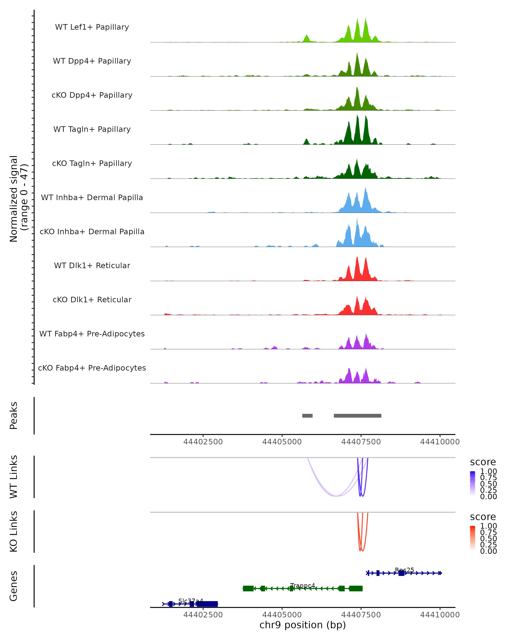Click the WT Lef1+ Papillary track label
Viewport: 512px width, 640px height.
[92, 27]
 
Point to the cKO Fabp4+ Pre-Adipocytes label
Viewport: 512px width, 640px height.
[92, 368]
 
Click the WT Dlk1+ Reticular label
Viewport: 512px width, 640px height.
[92, 265]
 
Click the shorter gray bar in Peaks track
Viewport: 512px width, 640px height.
[307, 416]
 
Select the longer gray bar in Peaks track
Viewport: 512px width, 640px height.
[357, 416]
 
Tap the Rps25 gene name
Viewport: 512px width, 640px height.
[404, 570]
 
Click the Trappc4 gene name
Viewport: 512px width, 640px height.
[303, 586]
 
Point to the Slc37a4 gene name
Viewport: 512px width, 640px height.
[191, 601]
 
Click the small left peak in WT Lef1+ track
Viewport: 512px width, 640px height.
[307, 38]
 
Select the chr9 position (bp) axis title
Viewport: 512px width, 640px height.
[303, 625]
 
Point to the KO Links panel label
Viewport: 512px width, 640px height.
[14, 532]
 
